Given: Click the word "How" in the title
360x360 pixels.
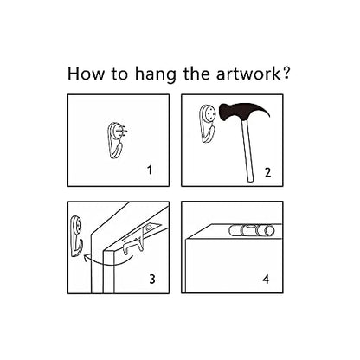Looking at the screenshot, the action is point(86,74).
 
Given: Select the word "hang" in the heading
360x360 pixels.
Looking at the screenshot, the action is point(155,75).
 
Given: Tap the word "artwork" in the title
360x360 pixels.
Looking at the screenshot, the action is point(248,74).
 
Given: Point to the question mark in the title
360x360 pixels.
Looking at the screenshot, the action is point(286,73).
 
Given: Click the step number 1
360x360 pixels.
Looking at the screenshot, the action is point(150,170).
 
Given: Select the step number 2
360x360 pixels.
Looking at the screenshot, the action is point(267,172).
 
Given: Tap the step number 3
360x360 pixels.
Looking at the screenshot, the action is point(152,279).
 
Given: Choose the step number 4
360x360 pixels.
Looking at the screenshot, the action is point(266,279).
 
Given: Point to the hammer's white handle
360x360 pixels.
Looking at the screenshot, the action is point(247,151).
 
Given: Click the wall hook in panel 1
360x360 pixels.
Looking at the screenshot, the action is point(116,141).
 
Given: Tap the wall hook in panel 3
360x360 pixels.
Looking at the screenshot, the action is point(76,236).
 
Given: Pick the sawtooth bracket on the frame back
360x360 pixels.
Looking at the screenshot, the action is point(133,245).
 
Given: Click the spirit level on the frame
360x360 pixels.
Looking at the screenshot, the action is point(252,231).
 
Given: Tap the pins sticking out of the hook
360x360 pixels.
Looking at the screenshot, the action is point(123,132).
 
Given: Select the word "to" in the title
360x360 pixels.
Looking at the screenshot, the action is point(119,74).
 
